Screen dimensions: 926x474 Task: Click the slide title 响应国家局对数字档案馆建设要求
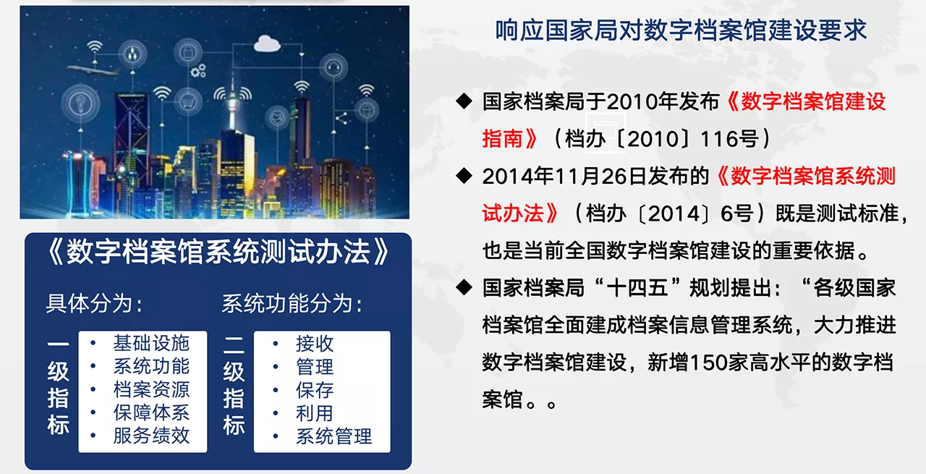coord(681,30)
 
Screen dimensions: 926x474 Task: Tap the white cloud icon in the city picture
coord(267,43)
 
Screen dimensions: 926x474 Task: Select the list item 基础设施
coord(151,343)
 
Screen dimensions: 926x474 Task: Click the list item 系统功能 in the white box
coord(151,366)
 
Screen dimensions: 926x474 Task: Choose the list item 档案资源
coord(151,389)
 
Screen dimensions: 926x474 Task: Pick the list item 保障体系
coord(151,412)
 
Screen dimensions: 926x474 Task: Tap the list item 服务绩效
coord(151,436)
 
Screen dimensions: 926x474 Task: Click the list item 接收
coord(315,343)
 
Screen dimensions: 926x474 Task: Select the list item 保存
coord(315,389)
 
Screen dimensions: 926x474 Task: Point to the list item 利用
coord(315,412)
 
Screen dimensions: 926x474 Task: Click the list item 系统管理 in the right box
coord(334,436)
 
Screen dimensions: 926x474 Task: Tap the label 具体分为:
coord(95,304)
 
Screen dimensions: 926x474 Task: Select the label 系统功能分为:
coord(292,304)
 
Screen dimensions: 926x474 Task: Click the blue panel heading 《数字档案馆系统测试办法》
coord(218,252)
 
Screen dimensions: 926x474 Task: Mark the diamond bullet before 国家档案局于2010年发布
coord(464,101)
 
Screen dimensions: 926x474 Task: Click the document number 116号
coord(731,138)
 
